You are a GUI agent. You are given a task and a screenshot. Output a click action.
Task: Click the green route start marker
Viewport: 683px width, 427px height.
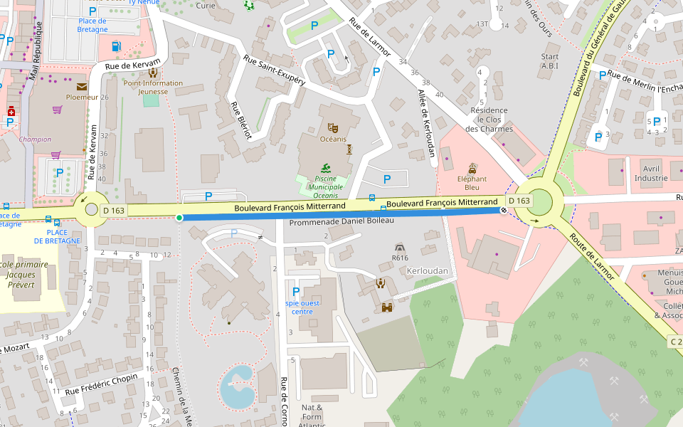pyautogui.click(x=179, y=217)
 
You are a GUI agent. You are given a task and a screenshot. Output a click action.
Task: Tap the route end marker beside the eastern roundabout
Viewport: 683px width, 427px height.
pyautogui.click(x=504, y=211)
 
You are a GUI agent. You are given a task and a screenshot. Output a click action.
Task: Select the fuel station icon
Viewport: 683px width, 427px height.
pyautogui.click(x=116, y=46)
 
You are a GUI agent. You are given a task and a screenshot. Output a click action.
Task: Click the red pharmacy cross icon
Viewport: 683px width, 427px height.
pyautogui.click(x=11, y=112)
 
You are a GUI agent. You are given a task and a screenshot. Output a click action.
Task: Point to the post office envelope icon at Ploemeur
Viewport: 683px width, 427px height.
pyautogui.click(x=82, y=87)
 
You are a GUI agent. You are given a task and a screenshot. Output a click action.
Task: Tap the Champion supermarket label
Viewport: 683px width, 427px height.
pyautogui.click(x=35, y=139)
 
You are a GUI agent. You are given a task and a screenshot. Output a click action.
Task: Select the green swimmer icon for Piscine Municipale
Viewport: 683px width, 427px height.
pyautogui.click(x=325, y=169)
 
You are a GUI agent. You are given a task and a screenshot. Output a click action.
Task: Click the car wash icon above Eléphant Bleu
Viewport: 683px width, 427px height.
pyautogui.click(x=472, y=169)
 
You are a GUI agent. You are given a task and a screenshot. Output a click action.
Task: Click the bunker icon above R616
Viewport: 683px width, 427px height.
pyautogui.click(x=400, y=246)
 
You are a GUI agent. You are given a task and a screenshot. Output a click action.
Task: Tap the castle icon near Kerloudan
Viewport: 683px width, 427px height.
pyautogui.click(x=388, y=307)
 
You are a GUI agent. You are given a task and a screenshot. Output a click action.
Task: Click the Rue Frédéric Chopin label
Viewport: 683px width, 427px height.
pyautogui.click(x=101, y=384)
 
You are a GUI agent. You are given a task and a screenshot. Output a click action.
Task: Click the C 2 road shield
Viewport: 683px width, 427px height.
pyautogui.click(x=676, y=342)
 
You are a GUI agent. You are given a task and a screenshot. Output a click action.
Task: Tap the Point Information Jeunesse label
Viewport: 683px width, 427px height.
pyautogui.click(x=153, y=87)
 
